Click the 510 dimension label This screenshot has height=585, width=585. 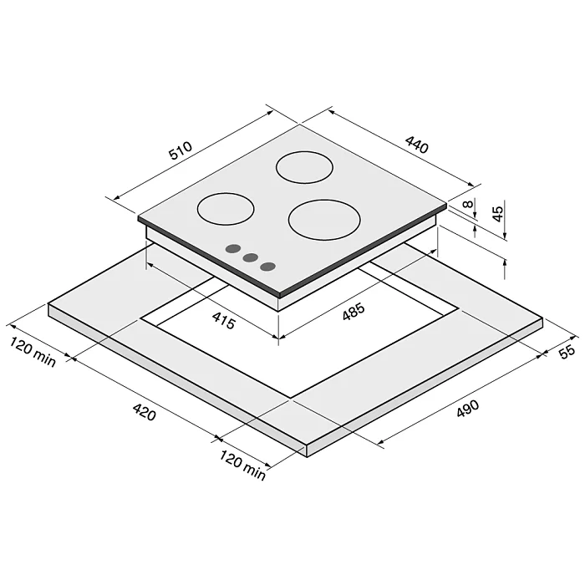pos(181,150)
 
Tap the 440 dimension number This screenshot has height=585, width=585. pos(417,145)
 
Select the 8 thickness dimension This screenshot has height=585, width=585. pos(468,205)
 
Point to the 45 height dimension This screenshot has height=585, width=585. pos(498,214)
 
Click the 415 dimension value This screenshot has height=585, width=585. pos(223,320)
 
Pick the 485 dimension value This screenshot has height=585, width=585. pos(354,312)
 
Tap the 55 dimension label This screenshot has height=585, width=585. pos(567,352)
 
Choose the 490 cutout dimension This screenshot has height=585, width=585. pos(467,409)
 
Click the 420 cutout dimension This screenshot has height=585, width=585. pos(144,412)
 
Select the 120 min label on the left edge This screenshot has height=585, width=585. pos(33,352)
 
